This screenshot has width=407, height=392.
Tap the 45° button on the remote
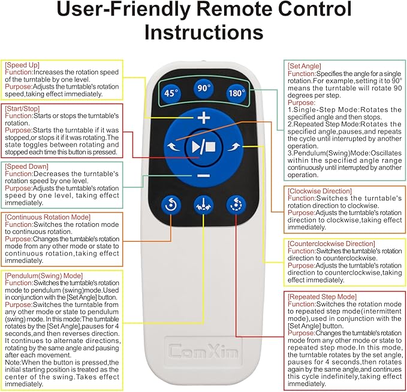tap(172, 93)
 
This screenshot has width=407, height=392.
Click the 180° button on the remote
tap(236, 93)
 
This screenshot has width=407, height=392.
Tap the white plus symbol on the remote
tap(204, 118)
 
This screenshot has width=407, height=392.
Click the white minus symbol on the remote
tap(204, 175)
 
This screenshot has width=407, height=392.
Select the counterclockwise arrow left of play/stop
tap(174, 147)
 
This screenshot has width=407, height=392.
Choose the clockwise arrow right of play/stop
tap(234, 147)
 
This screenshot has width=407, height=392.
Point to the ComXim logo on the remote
tap(203, 349)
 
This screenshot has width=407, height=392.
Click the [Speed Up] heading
tap(22, 64)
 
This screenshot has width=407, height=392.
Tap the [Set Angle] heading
tap(305, 66)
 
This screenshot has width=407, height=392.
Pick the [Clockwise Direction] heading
tap(319, 191)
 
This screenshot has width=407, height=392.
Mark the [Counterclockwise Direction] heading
tap(331, 244)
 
